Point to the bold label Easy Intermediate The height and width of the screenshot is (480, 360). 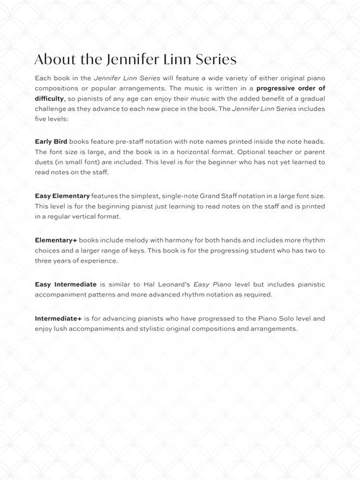65,284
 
